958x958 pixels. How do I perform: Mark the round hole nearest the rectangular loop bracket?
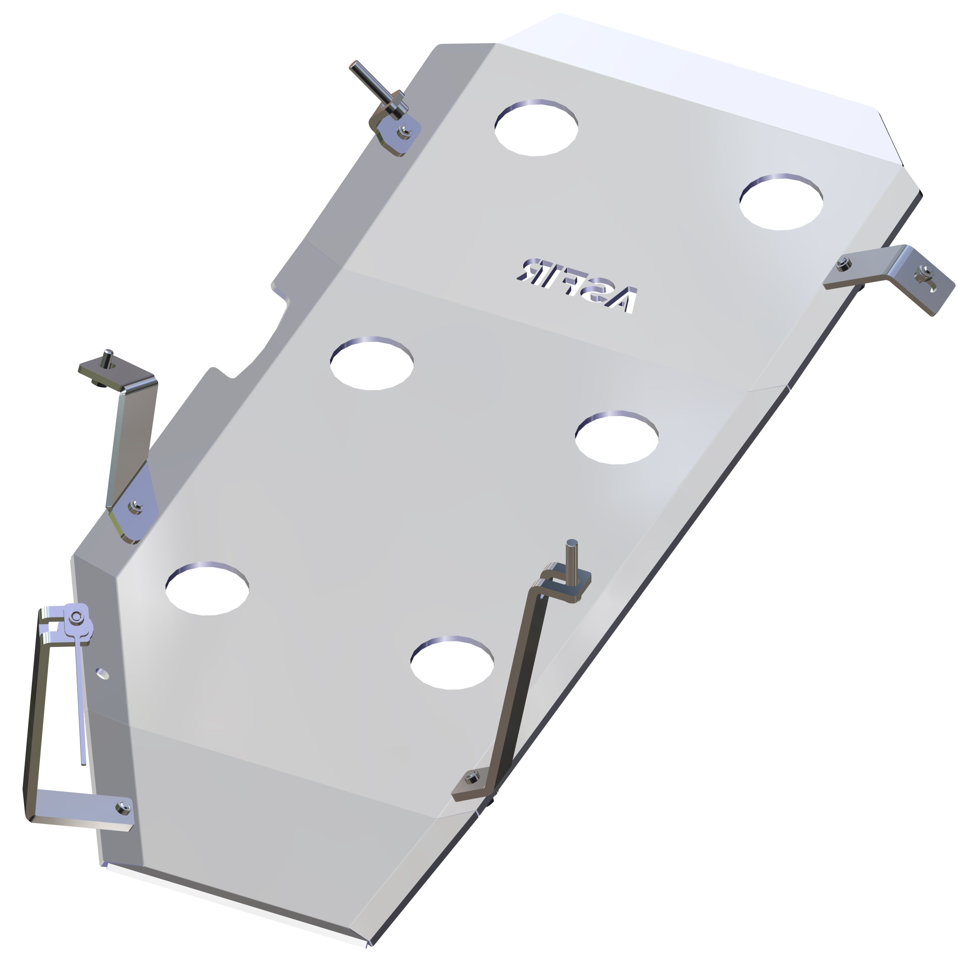[207, 589]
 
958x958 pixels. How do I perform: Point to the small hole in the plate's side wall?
[103, 673]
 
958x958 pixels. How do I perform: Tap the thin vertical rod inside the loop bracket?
[81, 704]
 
